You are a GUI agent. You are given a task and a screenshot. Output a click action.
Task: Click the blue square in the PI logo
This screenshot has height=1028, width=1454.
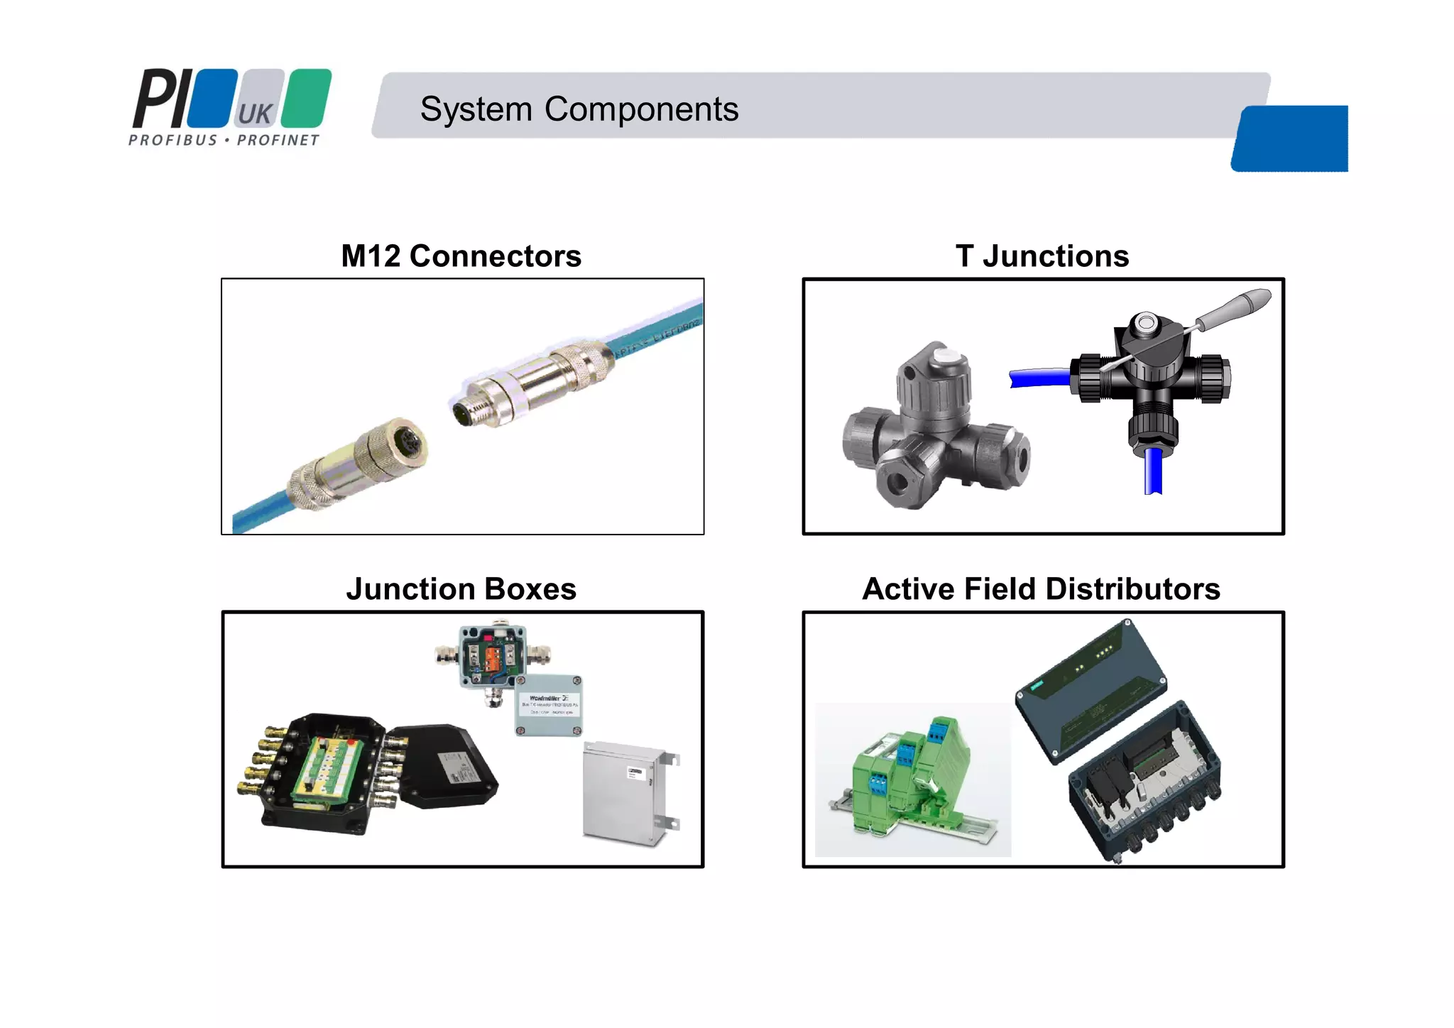coord(212,98)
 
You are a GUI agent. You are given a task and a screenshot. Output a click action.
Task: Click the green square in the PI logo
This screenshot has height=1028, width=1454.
coord(307,98)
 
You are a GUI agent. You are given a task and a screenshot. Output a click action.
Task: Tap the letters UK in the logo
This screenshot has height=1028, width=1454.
coord(254,114)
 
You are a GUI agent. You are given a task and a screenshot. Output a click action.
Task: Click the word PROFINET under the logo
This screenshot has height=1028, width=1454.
coord(278,141)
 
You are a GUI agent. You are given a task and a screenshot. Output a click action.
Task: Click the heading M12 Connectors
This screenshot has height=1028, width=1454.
coord(461,256)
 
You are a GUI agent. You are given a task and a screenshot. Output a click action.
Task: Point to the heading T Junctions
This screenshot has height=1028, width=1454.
coord(1042,256)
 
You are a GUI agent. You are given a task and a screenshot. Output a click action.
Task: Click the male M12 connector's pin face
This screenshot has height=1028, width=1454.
coord(465,410)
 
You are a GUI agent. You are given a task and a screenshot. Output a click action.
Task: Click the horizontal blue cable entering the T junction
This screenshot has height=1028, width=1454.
coord(1039,378)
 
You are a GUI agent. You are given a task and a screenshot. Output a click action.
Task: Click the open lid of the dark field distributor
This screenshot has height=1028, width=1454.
coord(1090,689)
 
